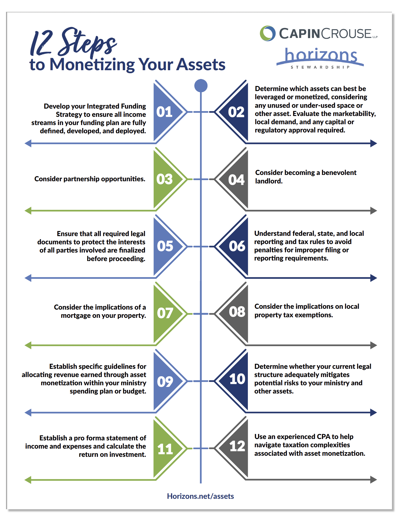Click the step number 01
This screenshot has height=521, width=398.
tap(164, 112)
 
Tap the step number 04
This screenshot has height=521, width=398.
tap(236, 180)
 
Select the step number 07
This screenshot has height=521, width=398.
tap(165, 313)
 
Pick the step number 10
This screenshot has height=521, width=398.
tap(237, 379)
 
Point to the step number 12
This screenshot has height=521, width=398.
tap(237, 446)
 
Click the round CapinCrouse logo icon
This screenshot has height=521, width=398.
tap(268, 33)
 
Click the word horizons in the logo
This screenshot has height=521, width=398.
tap(321, 55)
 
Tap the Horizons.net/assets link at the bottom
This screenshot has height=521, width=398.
tap(200, 496)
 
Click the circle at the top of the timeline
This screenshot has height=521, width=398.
tap(201, 86)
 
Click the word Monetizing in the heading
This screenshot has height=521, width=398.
tap(92, 65)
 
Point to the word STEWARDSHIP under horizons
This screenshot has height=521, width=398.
tap(320, 67)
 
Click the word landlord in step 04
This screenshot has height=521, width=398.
tap(268, 181)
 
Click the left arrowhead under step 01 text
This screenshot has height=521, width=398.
tap(28, 143)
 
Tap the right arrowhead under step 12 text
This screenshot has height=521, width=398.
tap(374, 480)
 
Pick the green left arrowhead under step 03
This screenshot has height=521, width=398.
tap(28, 211)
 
